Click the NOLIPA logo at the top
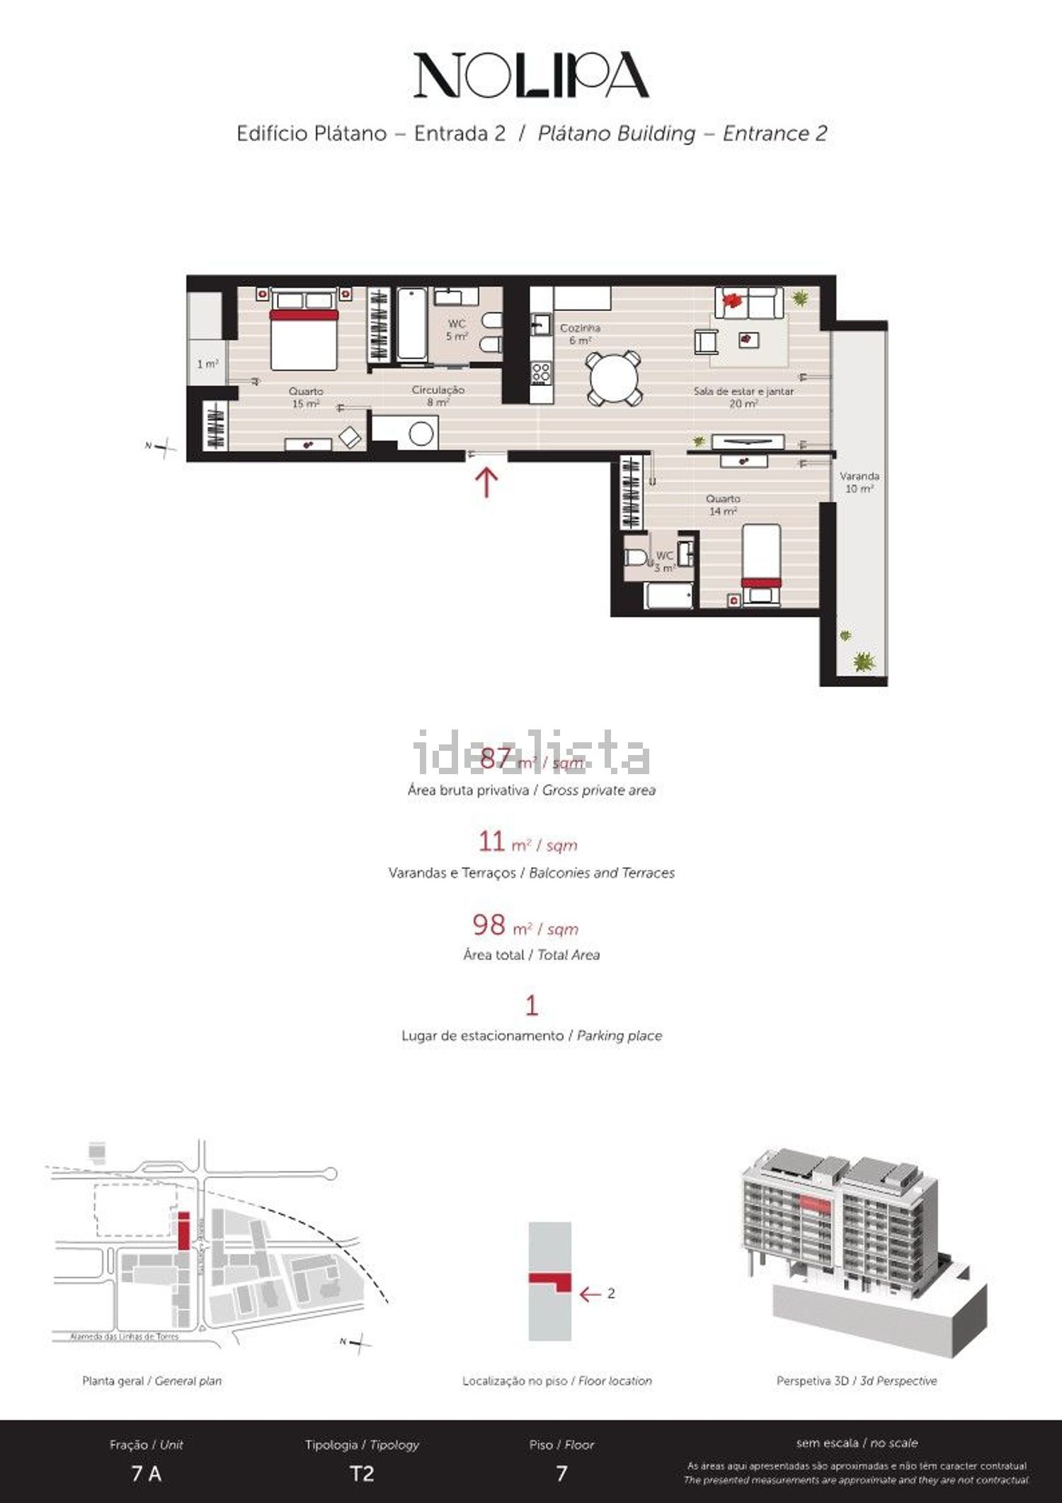[531, 75]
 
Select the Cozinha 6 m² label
[580, 334]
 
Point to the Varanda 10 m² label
[859, 482]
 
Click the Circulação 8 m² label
[438, 395]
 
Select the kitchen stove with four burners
[542, 373]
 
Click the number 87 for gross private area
[495, 759]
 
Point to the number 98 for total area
[489, 924]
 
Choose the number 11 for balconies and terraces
[491, 842]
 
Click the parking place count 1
[531, 1005]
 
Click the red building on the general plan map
[183, 1230]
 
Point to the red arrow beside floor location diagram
[589, 1293]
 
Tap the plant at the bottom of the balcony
[863, 662]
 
